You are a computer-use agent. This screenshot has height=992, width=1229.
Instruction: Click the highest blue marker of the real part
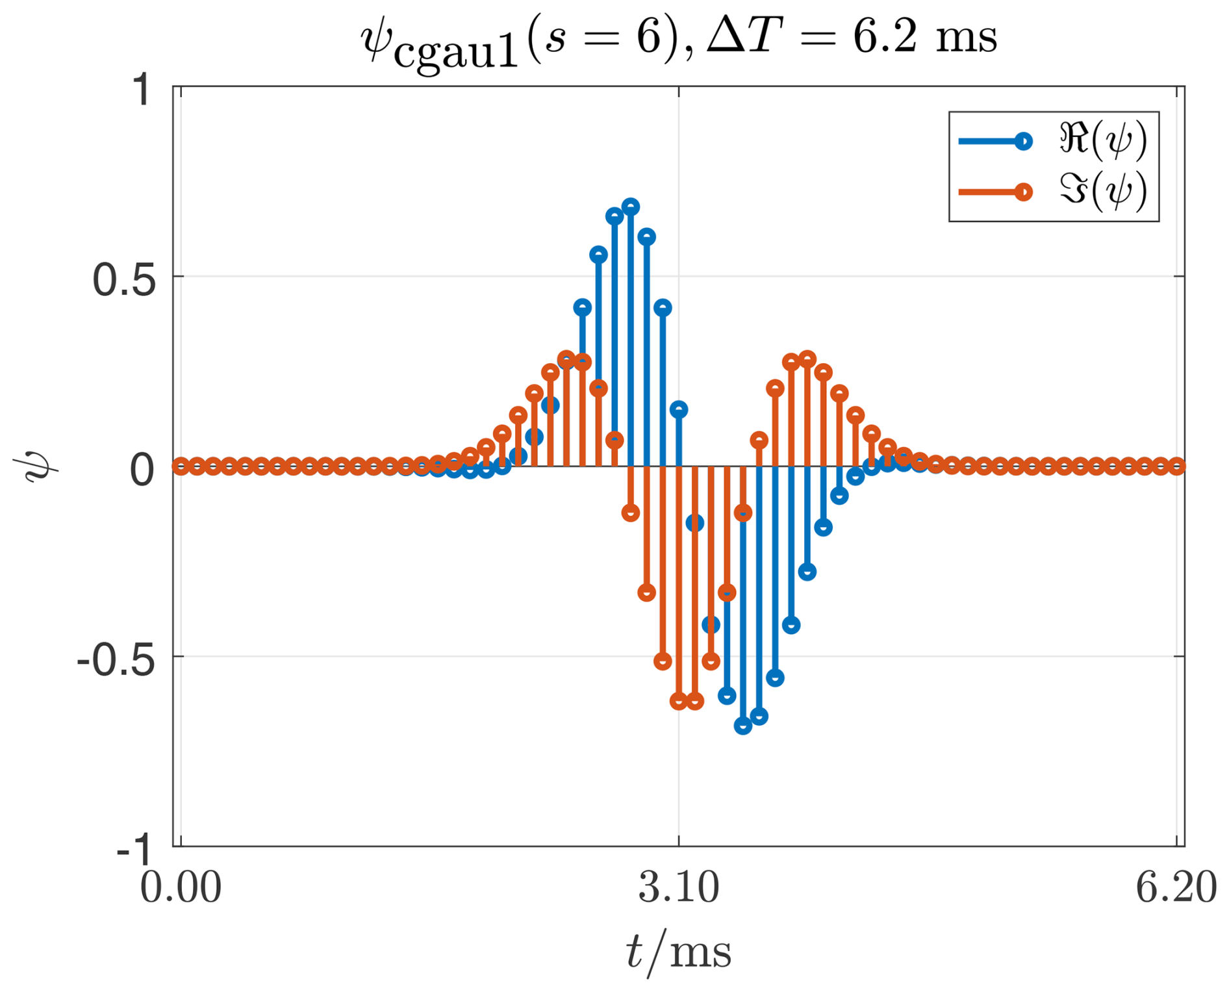(630, 207)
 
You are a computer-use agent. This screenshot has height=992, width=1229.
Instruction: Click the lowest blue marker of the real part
(742, 726)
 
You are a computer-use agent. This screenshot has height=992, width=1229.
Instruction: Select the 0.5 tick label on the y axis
(124, 281)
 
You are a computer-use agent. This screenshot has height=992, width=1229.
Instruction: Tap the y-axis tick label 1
(142, 90)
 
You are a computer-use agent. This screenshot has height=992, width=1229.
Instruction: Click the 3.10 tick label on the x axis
(679, 887)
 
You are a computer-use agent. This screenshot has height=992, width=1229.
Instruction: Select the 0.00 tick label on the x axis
(181, 887)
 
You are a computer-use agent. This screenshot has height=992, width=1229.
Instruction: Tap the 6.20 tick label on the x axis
(1176, 887)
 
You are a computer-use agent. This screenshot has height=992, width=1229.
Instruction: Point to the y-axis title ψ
(40, 466)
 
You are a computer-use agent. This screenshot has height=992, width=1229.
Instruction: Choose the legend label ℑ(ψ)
(1102, 191)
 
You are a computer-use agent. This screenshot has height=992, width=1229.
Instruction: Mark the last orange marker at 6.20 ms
(1176, 466)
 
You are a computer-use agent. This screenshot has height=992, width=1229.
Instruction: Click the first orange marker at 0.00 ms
(181, 466)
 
